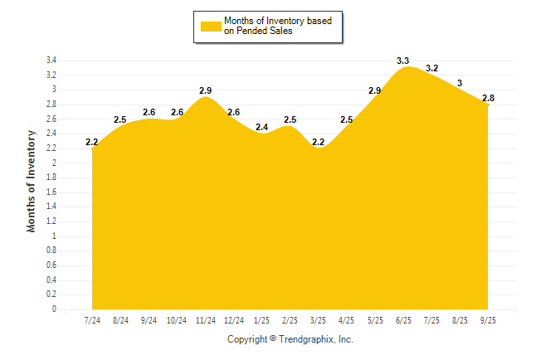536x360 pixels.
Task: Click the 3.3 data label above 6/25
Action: coord(403,61)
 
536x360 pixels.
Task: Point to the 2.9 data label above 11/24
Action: coord(206,90)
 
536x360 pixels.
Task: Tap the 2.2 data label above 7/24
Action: coord(92,143)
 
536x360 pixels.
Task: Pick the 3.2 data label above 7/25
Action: coord(431,68)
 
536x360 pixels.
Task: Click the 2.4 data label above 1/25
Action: coord(261,127)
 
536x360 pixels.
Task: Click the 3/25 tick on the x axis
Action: coord(318,320)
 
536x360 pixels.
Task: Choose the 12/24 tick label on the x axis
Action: coord(234,320)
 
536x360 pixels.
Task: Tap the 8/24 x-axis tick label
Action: coord(120,320)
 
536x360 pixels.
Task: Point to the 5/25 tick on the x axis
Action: coord(375,320)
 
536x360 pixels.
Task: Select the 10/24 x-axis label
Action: coord(177,320)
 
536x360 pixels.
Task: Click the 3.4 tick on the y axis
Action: coord(51,61)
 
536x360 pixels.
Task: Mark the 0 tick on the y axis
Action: coord(54,309)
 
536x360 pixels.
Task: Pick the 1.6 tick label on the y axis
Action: coord(51,192)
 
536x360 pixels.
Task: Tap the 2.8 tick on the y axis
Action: coord(51,105)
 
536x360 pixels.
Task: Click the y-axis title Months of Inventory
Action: coord(32,180)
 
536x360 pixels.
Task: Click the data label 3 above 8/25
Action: coord(460,83)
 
